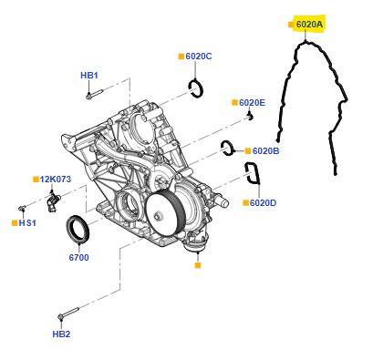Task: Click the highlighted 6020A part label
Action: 309,25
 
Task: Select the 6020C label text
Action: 199,57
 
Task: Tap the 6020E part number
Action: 252,103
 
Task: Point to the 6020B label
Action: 265,150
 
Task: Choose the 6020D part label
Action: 264,202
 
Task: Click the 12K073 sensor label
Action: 56,180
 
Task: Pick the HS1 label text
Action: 27,223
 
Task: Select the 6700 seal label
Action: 79,258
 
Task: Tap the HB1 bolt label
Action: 89,76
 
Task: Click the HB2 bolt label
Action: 61,334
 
